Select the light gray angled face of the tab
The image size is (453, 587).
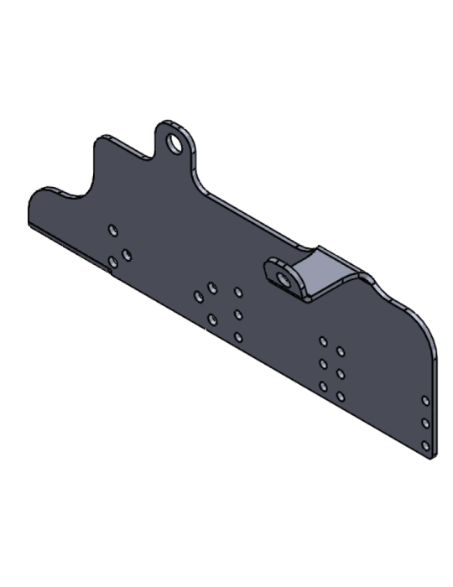323,270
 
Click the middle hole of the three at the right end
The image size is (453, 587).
425,423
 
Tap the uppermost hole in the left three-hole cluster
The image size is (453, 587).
113,230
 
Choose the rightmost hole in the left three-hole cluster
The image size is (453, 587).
127,253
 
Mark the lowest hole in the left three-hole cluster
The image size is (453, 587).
112,262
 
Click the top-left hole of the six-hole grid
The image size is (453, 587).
323,341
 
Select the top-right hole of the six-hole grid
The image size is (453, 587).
341,351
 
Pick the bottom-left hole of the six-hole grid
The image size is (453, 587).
323,387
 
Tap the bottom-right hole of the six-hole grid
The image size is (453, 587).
341,395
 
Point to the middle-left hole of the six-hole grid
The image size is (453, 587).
323,364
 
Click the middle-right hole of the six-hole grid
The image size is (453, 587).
341,372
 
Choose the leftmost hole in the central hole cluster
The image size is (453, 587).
199,296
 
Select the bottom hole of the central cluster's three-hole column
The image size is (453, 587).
238,337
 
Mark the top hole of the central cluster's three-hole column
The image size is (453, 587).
238,293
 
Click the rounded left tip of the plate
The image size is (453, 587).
34,210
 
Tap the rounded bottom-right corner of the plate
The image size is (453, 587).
431,454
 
